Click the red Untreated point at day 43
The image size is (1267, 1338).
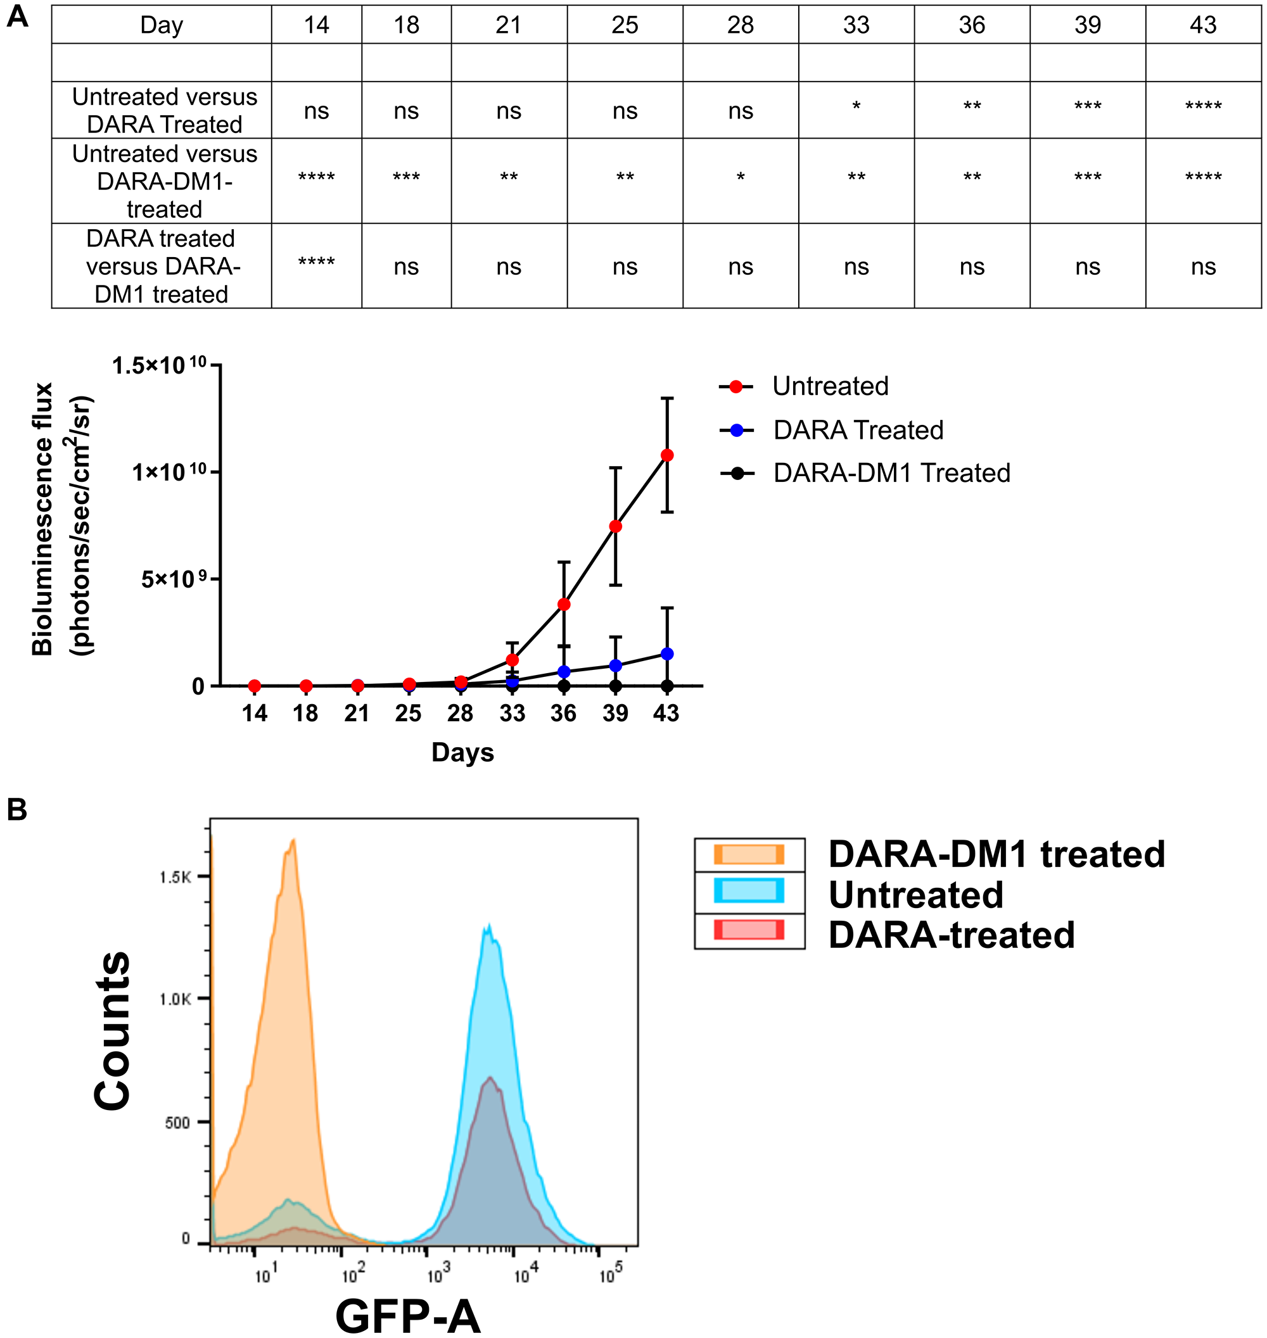tap(666, 455)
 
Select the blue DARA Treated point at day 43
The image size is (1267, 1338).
tap(666, 653)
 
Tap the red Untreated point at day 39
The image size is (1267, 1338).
tap(615, 526)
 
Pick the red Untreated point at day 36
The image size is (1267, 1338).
tap(564, 604)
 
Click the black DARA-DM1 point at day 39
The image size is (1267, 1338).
tap(615, 686)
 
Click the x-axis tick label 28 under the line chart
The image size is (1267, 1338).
tap(460, 713)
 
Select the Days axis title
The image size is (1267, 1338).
tap(462, 752)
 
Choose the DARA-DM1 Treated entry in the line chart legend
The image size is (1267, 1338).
tap(891, 473)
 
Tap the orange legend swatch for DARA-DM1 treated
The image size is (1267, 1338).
tap(749, 854)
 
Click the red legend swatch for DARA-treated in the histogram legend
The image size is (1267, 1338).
tap(749, 930)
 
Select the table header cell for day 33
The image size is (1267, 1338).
tap(856, 25)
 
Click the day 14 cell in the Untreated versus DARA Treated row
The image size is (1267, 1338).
tap(316, 111)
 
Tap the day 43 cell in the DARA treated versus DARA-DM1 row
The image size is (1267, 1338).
tap(1203, 267)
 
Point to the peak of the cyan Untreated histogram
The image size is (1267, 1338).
tap(488, 926)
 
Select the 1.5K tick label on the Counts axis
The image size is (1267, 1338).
tap(175, 877)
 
